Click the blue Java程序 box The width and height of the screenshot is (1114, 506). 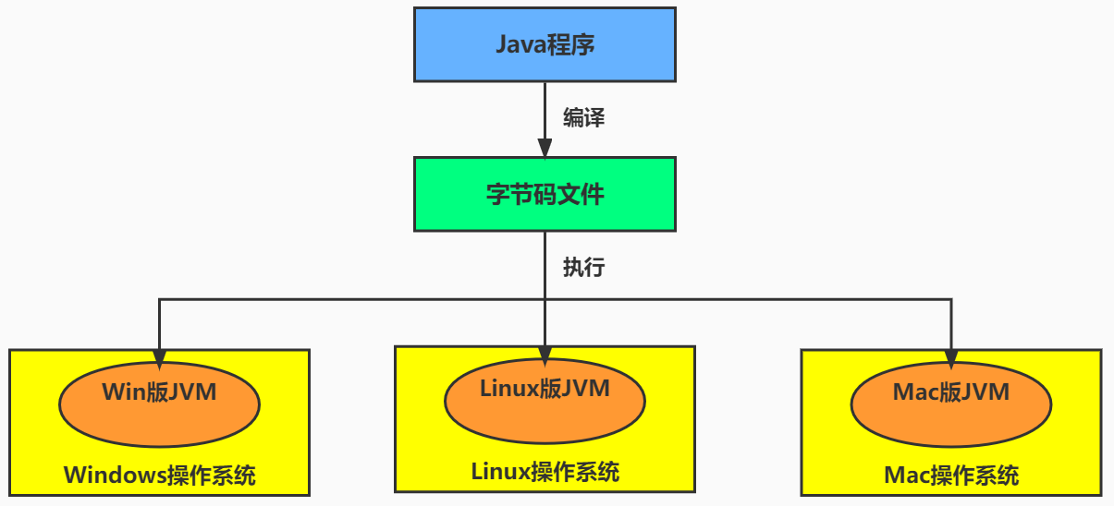coord(545,44)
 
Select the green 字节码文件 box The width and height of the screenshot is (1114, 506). coord(545,194)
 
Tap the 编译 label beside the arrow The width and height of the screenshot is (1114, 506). coord(584,118)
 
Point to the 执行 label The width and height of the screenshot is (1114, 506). coord(584,268)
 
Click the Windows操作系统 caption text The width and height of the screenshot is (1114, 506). coord(159,476)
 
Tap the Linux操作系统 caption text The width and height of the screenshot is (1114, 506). coord(545,472)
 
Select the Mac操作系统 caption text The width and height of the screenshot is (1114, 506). coord(950,476)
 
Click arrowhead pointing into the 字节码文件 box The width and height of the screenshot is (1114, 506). coord(545,148)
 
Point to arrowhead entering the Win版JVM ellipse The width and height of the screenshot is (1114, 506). coord(159,358)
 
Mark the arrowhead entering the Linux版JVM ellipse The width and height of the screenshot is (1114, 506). coord(545,355)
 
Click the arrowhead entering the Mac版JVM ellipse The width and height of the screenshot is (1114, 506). coord(950,358)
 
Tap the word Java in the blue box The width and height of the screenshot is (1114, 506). coord(520,44)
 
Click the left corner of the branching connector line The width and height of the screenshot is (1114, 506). coord(159,299)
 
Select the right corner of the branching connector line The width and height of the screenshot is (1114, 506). coord(950,299)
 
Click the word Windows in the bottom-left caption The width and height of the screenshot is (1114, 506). coord(115,476)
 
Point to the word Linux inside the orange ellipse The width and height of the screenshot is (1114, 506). coord(508,389)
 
